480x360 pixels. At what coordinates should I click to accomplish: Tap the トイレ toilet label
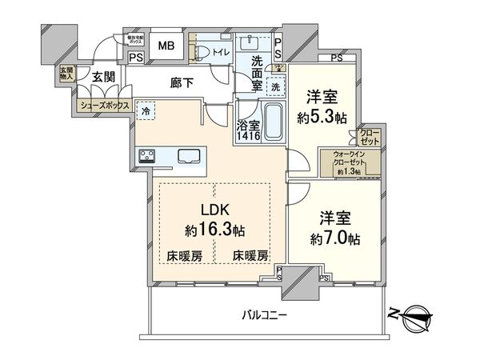pyautogui.click(x=222, y=53)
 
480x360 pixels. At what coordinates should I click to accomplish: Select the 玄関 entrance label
pyautogui.click(x=102, y=78)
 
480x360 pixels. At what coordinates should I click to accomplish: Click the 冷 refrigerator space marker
pyautogui.click(x=146, y=112)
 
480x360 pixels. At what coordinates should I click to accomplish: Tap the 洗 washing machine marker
pyautogui.click(x=274, y=86)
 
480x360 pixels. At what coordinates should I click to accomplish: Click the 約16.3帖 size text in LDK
pyautogui.click(x=214, y=230)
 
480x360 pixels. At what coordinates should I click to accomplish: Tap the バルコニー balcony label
pyautogui.click(x=264, y=315)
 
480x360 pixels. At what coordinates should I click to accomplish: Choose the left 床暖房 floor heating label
pyautogui.click(x=184, y=256)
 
